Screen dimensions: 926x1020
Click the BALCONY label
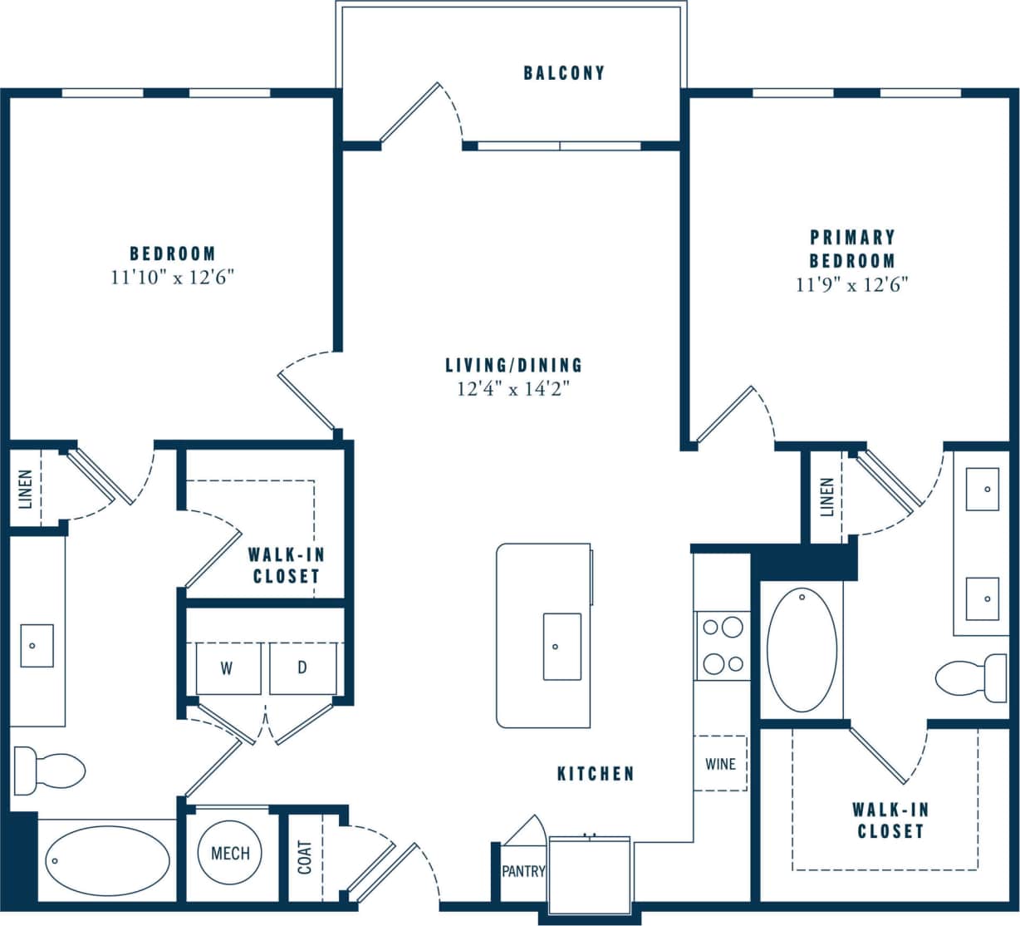[x=564, y=73]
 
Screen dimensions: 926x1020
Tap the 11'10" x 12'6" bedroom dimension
[x=173, y=278]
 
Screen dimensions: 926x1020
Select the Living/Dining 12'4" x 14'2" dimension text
[x=513, y=388]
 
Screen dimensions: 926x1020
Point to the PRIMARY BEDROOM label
[x=852, y=249]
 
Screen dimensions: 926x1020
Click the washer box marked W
[x=227, y=668]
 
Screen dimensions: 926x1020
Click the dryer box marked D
[x=302, y=668]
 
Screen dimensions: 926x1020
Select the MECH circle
[x=230, y=854]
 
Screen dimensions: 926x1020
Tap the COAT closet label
[x=305, y=857]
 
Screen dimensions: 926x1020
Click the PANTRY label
[x=523, y=872]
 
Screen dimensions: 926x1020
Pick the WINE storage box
[x=720, y=763]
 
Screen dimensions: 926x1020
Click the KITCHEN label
[x=596, y=774]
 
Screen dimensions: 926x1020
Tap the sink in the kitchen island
[x=561, y=646]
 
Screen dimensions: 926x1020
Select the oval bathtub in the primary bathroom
[x=802, y=648]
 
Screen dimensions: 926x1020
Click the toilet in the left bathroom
[x=51, y=769]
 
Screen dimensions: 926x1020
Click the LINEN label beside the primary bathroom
[x=826, y=497]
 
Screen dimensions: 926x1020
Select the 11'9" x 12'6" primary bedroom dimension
[x=852, y=285]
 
